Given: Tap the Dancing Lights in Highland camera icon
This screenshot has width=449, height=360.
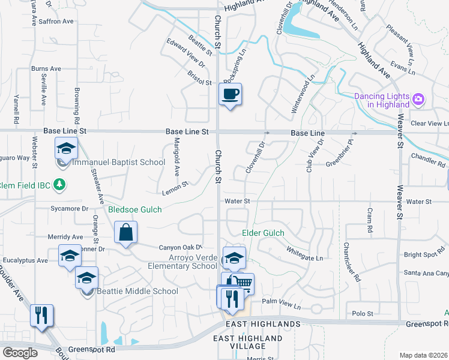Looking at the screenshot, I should click(x=419, y=98).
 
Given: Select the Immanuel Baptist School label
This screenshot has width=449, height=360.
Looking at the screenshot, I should click(x=119, y=162).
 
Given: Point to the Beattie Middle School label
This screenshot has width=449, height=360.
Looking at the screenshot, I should click(x=138, y=292).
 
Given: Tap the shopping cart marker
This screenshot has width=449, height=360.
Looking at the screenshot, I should click(x=243, y=283).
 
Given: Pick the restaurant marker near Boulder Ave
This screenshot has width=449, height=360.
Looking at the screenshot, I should click(x=41, y=315).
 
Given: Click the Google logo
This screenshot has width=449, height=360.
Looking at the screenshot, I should click(x=20, y=353).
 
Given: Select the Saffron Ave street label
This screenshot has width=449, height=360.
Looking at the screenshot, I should click(x=56, y=21).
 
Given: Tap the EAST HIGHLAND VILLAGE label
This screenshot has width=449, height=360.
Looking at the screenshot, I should click(x=248, y=343).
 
